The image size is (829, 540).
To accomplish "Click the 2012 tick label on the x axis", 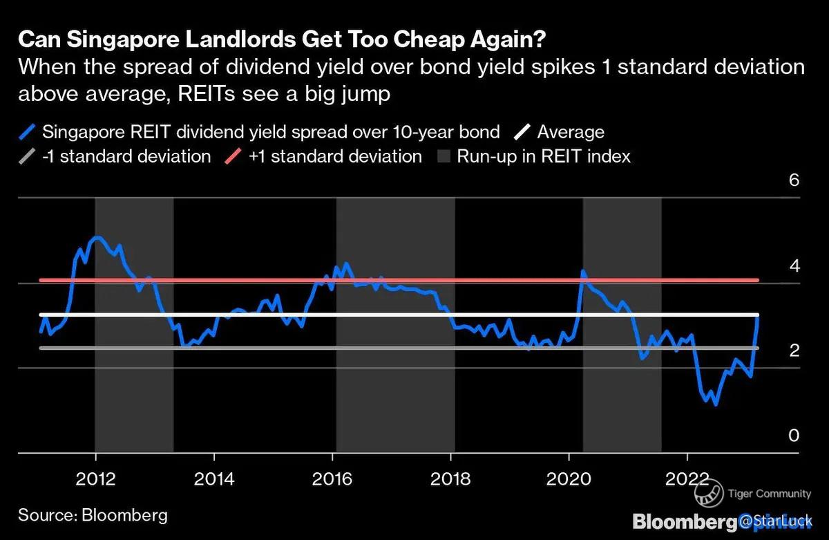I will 96,478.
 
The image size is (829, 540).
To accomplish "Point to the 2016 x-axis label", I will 332,478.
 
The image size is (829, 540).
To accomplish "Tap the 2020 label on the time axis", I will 569,478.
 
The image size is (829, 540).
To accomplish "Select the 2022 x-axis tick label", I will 687,478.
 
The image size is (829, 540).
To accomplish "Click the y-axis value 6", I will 794,180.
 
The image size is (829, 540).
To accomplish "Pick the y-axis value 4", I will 794,266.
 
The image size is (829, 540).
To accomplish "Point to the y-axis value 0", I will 794,436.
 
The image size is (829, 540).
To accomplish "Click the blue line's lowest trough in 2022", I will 715,404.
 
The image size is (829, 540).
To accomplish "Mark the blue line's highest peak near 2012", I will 97,237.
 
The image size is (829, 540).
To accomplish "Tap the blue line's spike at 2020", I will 582,271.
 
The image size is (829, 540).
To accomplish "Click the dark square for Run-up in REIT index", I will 444,156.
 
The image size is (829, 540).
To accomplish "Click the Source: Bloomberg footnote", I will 93,515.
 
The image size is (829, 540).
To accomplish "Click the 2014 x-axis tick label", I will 214,478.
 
